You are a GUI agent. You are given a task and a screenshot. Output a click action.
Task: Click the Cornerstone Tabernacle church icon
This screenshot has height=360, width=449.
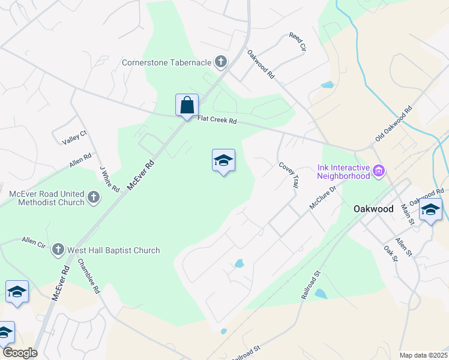click(x=221, y=62)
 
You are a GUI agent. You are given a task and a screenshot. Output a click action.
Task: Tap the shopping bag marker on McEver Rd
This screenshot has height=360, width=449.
click(x=187, y=105)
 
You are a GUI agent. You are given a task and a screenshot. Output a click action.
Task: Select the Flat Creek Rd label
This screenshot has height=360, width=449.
click(x=218, y=121)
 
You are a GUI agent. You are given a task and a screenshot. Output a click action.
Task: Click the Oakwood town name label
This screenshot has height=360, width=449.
click(x=373, y=209)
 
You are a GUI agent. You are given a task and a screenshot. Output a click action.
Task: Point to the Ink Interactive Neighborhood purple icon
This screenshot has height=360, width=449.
click(x=379, y=172)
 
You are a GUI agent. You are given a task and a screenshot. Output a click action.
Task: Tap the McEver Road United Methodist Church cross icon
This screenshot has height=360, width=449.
click(x=93, y=197)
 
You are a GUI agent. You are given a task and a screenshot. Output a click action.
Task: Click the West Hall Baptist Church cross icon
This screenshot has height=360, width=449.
click(x=58, y=250)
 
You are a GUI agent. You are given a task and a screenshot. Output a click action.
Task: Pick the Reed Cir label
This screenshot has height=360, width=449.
click(x=298, y=42)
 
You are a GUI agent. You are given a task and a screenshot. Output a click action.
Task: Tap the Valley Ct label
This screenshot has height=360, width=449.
click(x=75, y=140)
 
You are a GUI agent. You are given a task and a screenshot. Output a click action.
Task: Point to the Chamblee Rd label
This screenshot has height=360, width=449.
click(x=89, y=275)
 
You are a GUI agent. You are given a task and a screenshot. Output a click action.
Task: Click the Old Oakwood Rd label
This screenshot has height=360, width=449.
click(x=394, y=124)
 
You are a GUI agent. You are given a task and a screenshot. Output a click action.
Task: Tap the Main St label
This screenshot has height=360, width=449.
click(x=408, y=214)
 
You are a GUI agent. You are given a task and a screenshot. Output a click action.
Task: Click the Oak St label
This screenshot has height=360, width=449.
click(x=391, y=252)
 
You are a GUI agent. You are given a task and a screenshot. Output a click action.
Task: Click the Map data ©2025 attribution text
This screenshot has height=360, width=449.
click(x=423, y=355)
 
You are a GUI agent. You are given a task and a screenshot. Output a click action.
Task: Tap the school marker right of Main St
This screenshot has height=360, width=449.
click(x=430, y=210)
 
